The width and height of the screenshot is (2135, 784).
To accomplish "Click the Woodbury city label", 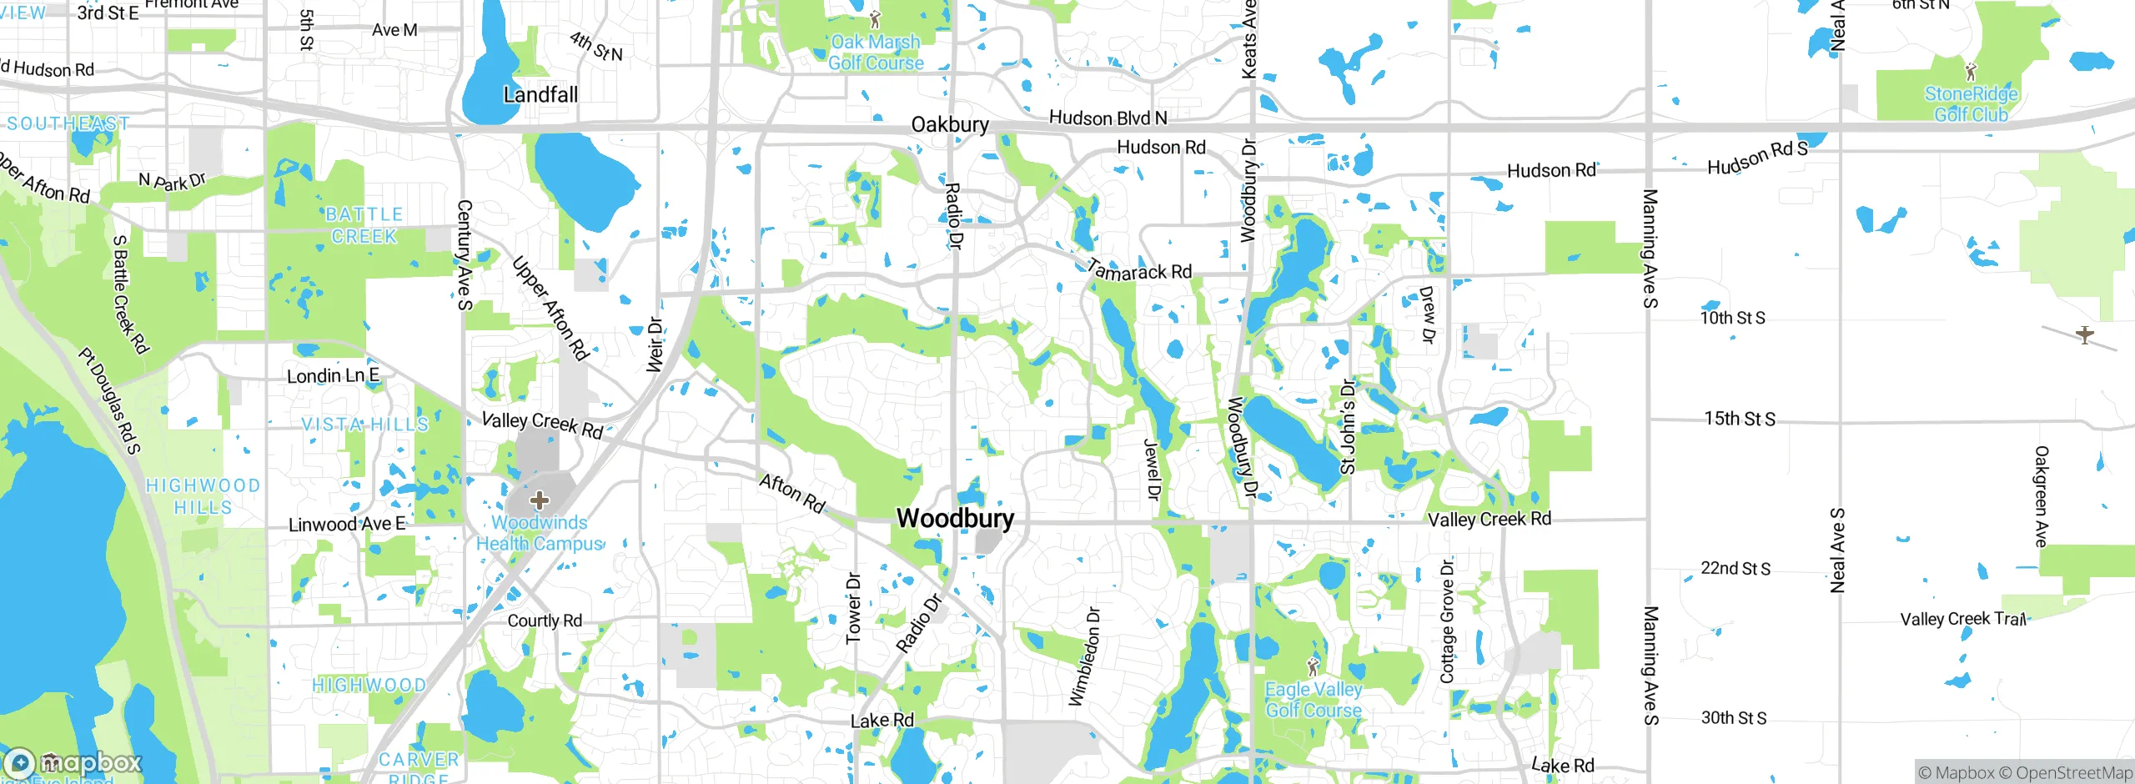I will (x=955, y=518).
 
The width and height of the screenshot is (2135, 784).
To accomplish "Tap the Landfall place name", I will (x=540, y=94).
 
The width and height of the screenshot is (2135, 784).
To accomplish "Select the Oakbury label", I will (x=950, y=125).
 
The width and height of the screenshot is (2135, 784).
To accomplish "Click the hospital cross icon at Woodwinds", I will (x=540, y=500).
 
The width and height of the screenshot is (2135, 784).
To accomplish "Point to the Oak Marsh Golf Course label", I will (x=876, y=53).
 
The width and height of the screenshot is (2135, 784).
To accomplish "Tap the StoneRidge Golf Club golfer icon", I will (x=1971, y=72).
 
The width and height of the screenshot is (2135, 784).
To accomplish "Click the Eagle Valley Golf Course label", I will (x=1314, y=700).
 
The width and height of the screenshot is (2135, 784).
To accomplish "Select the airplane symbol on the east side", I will (x=2084, y=335).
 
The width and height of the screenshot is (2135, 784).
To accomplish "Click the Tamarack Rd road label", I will (x=1140, y=271).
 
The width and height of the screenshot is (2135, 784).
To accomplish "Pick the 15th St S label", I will (x=1740, y=419).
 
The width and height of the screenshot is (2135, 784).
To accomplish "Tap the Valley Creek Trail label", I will (x=1962, y=619).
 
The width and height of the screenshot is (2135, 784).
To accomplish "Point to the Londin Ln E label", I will (x=333, y=376).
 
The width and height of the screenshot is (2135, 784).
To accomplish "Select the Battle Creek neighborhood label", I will (x=364, y=225).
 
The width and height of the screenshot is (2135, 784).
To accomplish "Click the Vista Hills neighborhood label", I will (x=364, y=425).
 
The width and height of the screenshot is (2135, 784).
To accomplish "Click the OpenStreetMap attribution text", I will (x=2073, y=773).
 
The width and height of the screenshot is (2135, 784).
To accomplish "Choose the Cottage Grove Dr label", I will (x=1447, y=621).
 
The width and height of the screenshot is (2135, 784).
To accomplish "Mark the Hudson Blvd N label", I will (x=1108, y=118).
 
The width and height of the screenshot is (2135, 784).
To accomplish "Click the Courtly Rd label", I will (x=545, y=621).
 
